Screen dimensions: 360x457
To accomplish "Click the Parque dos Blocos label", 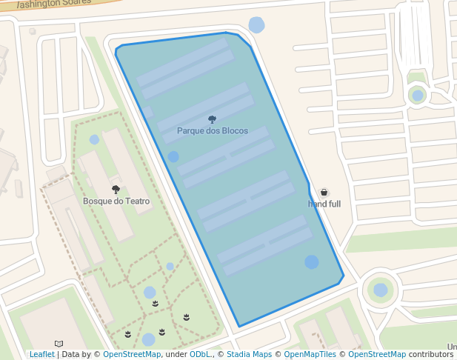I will pyautogui.click(x=213, y=131).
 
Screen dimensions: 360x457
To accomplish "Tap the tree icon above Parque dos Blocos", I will pyautogui.click(x=213, y=119).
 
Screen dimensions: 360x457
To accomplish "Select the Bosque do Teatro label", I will pyautogui.click(x=116, y=201).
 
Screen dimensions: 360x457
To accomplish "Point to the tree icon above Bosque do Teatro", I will pyautogui.click(x=116, y=190).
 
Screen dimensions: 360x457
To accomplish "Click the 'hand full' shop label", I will pyautogui.click(x=324, y=204).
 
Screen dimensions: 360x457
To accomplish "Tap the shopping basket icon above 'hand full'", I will pyautogui.click(x=324, y=193).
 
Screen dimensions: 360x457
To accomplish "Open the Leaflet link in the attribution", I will pyautogui.click(x=42, y=355).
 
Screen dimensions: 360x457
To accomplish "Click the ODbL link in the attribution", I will pyautogui.click(x=200, y=355).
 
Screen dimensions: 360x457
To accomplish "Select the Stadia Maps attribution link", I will pyautogui.click(x=249, y=355).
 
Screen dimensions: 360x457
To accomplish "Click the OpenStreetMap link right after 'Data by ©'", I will pyautogui.click(x=132, y=355).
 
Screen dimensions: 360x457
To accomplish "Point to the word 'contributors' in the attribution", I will pyautogui.click(x=430, y=355).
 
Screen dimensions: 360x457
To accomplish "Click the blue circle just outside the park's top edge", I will pyautogui.click(x=256, y=25).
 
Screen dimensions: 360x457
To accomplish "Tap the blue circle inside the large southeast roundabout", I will pyautogui.click(x=381, y=290).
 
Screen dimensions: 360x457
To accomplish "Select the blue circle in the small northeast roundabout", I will pyautogui.click(x=418, y=96).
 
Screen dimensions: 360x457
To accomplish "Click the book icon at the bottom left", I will pyautogui.click(x=59, y=344).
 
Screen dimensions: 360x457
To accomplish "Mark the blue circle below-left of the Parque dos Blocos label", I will pyautogui.click(x=173, y=157).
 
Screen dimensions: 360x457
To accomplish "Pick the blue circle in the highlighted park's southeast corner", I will pyautogui.click(x=312, y=262).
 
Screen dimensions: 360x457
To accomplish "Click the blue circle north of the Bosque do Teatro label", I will pyautogui.click(x=94, y=139).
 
